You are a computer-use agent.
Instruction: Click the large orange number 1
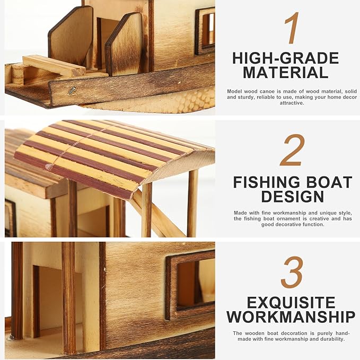tap(292, 28)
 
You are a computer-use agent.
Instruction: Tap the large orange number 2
tap(292, 150)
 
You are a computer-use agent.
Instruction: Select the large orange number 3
tap(292, 273)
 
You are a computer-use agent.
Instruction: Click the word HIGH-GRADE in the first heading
tap(285, 58)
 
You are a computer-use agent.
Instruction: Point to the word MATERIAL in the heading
tap(285, 73)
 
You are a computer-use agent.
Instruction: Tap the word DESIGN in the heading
tap(292, 197)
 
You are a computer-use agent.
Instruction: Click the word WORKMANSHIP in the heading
tap(291, 317)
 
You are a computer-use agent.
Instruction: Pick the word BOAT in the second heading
tap(329, 182)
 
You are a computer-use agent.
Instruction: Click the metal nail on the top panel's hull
tap(73, 91)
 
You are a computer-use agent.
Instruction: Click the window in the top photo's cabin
tap(206, 30)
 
